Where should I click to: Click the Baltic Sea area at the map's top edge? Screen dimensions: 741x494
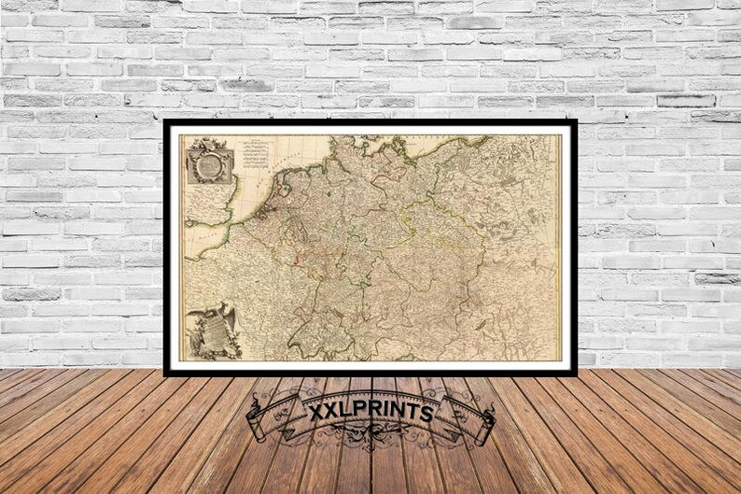tap(439, 143)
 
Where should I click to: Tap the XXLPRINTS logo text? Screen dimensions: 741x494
tap(370, 412)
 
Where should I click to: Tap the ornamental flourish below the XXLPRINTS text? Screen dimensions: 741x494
tap(370, 437)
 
